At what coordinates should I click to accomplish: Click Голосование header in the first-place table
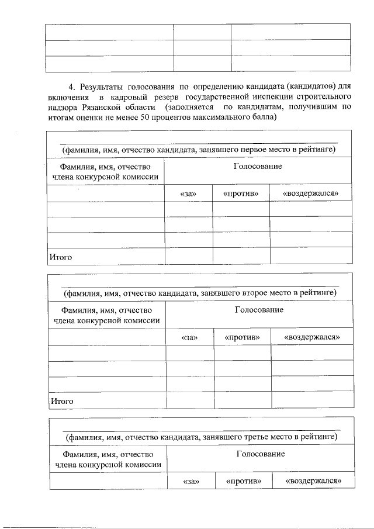257,167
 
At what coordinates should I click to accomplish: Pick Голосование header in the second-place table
259,310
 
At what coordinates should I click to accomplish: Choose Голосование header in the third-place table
260,454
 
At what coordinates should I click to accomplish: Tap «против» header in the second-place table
242,337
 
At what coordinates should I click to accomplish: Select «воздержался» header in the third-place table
313,480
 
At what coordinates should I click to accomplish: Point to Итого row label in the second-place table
61,401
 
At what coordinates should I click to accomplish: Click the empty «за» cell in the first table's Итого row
188,256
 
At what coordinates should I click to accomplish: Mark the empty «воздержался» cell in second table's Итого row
312,400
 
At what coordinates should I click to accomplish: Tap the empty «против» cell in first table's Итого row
241,256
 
